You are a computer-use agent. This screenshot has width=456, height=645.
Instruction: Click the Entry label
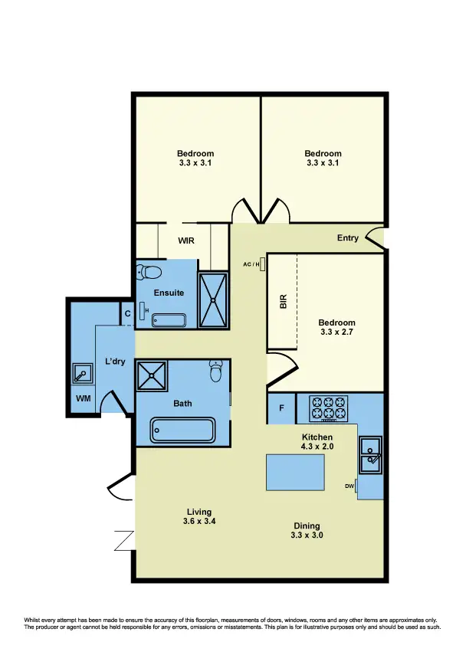click(x=347, y=238)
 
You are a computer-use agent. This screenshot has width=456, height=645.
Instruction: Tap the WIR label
click(x=185, y=241)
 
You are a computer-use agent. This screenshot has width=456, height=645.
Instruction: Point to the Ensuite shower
click(x=213, y=299)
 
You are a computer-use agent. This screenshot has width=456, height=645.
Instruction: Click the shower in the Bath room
click(x=151, y=376)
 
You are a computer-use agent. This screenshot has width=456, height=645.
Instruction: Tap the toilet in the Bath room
click(x=216, y=372)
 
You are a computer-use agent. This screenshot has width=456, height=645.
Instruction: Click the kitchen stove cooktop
click(x=329, y=408)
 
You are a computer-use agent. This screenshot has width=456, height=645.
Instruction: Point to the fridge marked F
click(x=281, y=408)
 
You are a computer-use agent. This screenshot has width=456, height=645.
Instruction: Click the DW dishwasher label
click(x=349, y=486)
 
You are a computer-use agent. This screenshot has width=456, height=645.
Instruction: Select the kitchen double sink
click(x=371, y=453)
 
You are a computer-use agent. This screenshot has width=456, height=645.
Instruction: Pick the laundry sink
click(x=82, y=374)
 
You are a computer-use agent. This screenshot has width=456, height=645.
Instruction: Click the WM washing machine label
click(x=82, y=399)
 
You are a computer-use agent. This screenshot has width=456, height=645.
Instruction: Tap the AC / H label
click(x=250, y=264)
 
